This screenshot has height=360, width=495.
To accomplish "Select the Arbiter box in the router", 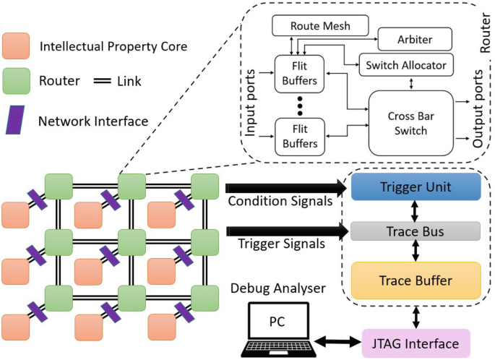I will coord(414,37).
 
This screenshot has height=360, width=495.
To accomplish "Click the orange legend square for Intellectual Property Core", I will coord(16,47).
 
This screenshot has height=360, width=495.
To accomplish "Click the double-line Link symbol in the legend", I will coord(105,82).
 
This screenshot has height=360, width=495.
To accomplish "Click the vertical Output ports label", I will coord(478,108).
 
